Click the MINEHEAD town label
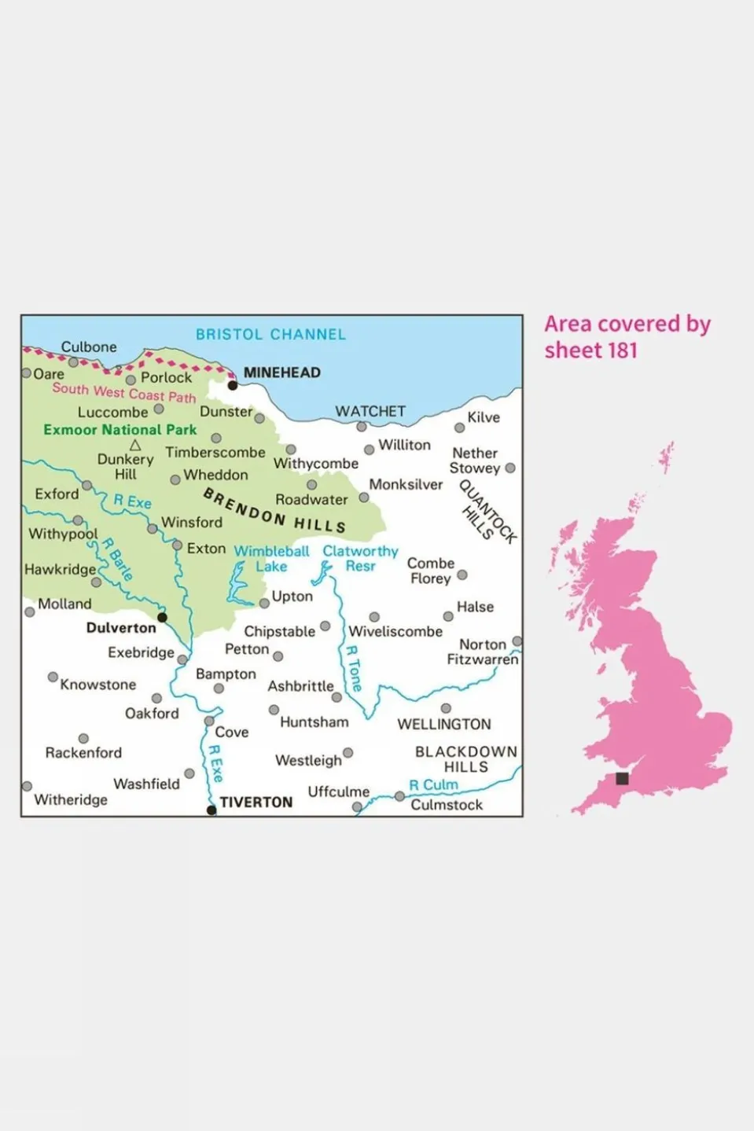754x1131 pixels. (x=281, y=373)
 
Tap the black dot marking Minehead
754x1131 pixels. (x=233, y=385)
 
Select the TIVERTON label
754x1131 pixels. (x=256, y=802)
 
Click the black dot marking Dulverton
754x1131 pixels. (x=163, y=618)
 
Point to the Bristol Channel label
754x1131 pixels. (x=270, y=334)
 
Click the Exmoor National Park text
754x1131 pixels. (x=120, y=430)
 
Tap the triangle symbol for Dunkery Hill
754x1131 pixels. (x=135, y=446)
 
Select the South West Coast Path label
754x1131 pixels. (x=124, y=392)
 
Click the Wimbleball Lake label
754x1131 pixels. (x=271, y=559)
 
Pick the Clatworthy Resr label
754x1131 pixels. (x=360, y=559)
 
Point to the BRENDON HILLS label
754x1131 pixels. (x=274, y=510)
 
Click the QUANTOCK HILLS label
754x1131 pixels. (x=487, y=512)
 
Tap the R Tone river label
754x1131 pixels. (x=354, y=668)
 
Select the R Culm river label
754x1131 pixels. (x=433, y=784)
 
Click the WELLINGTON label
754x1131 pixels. (x=444, y=724)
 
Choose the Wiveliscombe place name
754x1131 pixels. (x=395, y=631)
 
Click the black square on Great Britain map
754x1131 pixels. (x=622, y=778)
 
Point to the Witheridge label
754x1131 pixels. (x=71, y=799)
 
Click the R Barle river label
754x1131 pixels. (x=117, y=559)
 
